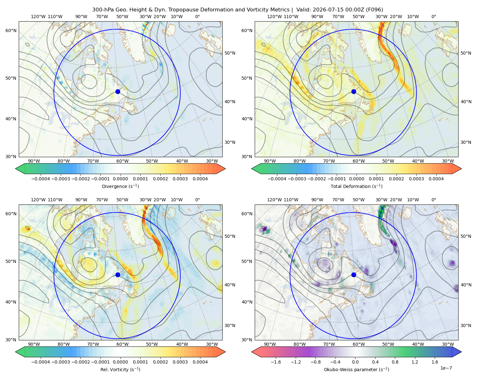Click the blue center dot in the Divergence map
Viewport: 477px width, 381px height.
point(118,91)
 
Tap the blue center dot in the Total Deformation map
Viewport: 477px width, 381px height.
point(354,91)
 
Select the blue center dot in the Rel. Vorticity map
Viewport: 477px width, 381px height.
point(118,275)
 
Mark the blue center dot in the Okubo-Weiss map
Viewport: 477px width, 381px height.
point(354,275)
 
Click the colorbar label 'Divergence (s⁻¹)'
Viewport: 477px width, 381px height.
point(120,186)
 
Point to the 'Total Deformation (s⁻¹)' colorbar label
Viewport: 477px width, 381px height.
point(356,186)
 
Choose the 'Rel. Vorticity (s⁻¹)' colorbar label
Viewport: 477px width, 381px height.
point(120,369)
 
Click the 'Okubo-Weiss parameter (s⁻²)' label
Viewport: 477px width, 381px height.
point(356,369)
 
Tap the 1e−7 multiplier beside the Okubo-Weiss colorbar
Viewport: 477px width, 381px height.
point(446,368)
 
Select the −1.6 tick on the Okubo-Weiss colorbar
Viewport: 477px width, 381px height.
point(276,362)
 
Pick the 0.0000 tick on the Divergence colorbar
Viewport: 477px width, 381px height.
point(120,179)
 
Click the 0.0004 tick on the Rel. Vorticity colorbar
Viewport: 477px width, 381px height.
point(200,362)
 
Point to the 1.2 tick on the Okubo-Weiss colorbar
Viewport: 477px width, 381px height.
point(415,362)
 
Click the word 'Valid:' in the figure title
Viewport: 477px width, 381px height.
point(303,10)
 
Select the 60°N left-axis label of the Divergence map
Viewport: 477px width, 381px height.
point(11,30)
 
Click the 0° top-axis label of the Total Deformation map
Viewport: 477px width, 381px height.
point(433,17)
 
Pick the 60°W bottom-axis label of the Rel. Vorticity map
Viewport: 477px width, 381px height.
point(122,344)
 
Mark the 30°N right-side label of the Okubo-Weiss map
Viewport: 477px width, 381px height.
point(466,325)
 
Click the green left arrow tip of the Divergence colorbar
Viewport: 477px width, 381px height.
point(16,169)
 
